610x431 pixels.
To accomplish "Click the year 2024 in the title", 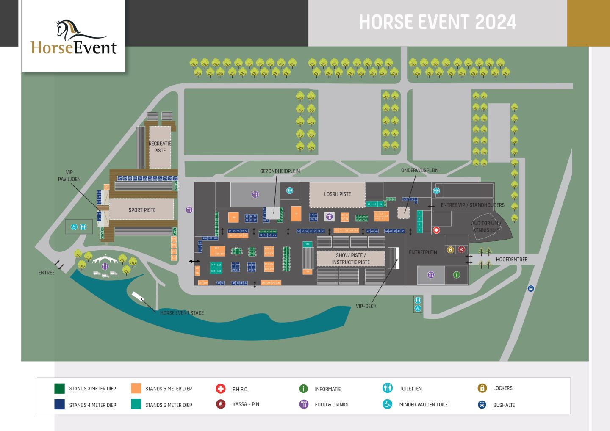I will [x=496, y=22].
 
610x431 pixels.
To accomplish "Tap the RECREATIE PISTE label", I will [x=160, y=147].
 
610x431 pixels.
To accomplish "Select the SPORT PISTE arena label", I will [x=142, y=210].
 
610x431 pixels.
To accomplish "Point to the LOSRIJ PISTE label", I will [x=337, y=194].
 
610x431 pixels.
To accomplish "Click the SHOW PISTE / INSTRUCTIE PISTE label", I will [x=351, y=259].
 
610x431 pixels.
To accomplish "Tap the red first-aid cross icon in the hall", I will [x=436, y=230].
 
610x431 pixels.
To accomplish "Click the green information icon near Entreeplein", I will [x=457, y=275].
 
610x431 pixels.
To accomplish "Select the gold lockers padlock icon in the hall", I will [x=450, y=249].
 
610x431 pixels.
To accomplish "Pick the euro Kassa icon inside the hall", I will [x=462, y=249].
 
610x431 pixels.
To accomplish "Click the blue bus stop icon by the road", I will [x=531, y=289].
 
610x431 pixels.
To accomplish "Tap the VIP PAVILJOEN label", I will [x=69, y=176].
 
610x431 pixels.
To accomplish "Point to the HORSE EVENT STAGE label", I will [x=182, y=313].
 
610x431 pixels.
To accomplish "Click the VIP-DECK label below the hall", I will [x=366, y=306].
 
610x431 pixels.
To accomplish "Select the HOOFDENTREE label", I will [x=511, y=260].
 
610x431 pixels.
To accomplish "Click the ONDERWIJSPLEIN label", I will [x=419, y=170].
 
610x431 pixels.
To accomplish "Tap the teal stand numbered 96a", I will [x=308, y=244].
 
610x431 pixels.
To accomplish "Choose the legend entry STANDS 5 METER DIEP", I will [x=168, y=389].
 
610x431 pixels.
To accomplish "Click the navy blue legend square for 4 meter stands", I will [x=59, y=404].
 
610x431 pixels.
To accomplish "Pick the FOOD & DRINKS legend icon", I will [x=304, y=404].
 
